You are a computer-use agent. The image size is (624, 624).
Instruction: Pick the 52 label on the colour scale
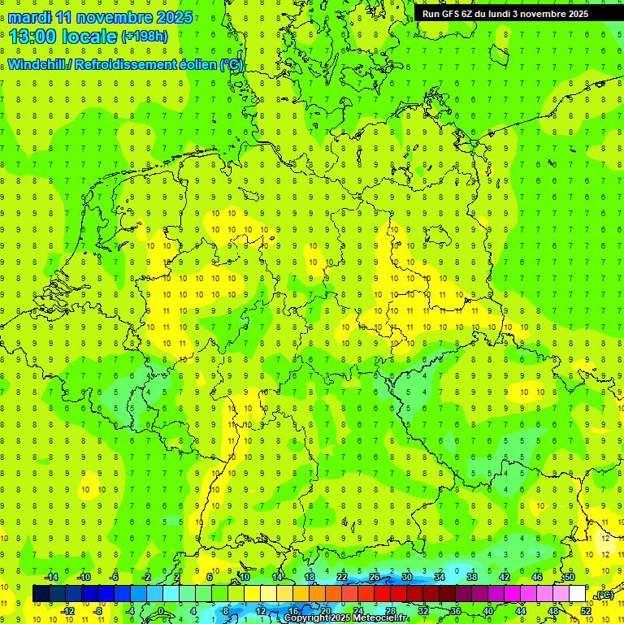click(x=585, y=611)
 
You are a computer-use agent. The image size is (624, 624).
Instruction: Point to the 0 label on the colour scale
click(x=160, y=611)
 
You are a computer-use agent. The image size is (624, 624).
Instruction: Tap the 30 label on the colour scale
click(x=407, y=577)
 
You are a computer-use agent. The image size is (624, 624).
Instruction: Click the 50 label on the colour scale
click(x=570, y=577)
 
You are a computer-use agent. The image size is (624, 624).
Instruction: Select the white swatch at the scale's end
click(x=577, y=594)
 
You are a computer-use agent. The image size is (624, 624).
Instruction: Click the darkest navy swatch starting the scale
click(x=41, y=594)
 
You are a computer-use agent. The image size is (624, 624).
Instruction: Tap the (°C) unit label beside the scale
click(x=604, y=595)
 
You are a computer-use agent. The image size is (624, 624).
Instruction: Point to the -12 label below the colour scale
click(x=68, y=611)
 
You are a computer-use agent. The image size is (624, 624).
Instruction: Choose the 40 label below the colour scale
click(x=488, y=611)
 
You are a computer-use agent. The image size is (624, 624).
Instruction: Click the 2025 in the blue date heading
click(x=174, y=17)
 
